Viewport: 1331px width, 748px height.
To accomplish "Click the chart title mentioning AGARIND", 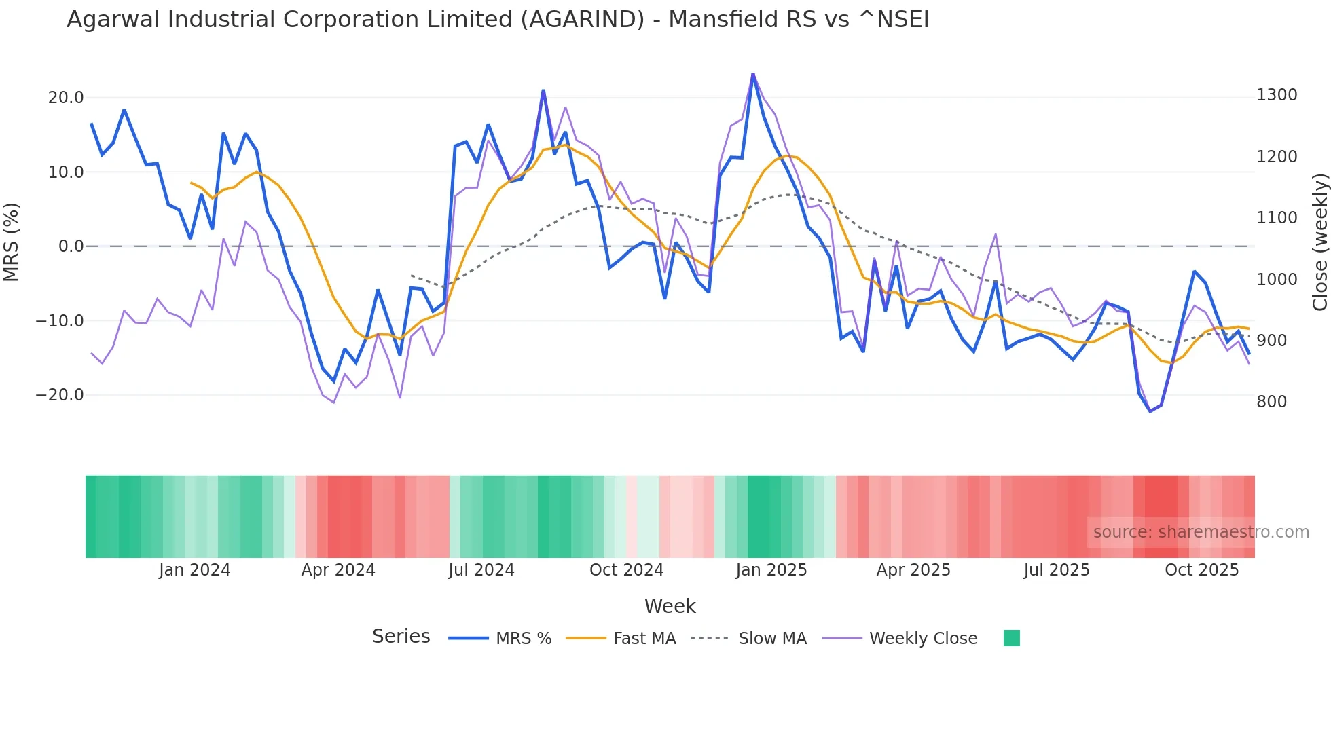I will (498, 20).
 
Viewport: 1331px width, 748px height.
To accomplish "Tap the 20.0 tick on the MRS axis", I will (65, 98).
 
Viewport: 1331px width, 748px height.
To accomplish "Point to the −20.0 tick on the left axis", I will (60, 395).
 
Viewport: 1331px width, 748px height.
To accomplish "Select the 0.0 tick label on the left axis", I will (71, 246).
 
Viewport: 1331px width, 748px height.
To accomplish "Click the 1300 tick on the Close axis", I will (1277, 95).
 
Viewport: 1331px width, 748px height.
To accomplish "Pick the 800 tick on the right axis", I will (1272, 402).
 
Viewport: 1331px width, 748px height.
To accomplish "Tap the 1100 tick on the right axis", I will (1277, 218).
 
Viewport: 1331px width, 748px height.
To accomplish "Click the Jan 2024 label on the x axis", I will (194, 570).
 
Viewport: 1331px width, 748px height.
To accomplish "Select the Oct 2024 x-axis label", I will (626, 570).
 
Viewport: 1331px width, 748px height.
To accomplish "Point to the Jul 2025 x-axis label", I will (1056, 570).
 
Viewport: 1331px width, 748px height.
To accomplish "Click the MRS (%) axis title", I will (12, 242).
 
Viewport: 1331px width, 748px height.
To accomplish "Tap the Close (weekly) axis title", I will (1319, 242).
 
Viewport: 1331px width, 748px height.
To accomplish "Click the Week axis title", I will (670, 606).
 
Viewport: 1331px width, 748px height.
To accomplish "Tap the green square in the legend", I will (1011, 638).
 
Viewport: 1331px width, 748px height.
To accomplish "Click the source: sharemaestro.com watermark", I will (1201, 532).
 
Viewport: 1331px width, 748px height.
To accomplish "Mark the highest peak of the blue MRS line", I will (753, 73).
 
